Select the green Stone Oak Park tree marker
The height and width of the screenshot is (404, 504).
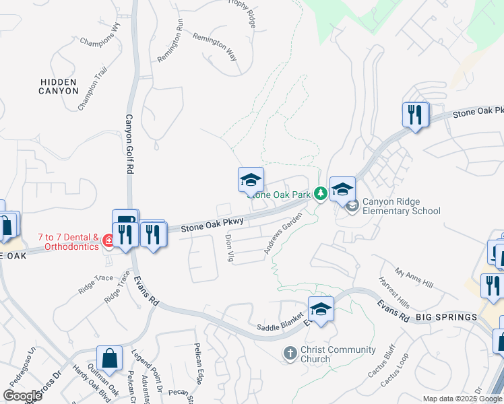[x=321, y=194]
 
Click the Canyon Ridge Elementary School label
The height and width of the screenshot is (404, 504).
[x=401, y=206]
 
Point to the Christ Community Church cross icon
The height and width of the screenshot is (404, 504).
[x=290, y=353]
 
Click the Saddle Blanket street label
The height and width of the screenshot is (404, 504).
[x=279, y=327]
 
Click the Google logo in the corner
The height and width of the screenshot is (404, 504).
[x=22, y=396]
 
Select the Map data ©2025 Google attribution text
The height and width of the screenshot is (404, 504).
[x=462, y=399]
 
